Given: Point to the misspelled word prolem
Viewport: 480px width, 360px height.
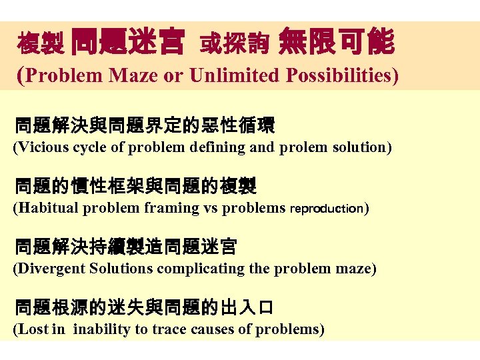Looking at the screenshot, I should click(x=300, y=147).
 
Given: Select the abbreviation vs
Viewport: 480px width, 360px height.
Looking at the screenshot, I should click(x=210, y=208).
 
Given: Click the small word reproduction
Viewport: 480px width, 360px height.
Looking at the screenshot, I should click(x=326, y=209).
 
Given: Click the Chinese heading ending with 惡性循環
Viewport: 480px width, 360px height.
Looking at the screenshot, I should click(x=145, y=125).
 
